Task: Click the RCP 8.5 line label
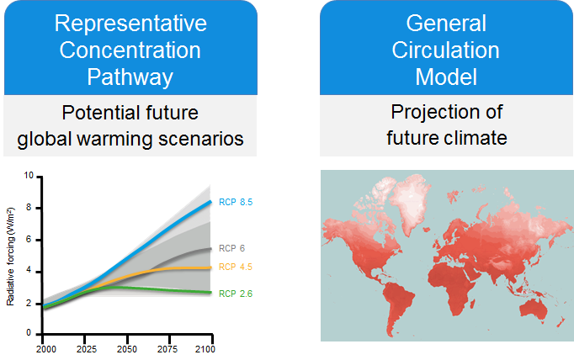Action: (236, 202)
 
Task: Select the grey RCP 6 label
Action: (231, 248)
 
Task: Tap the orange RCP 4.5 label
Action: (236, 267)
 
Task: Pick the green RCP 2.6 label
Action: (236, 294)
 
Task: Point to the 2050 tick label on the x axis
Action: (126, 349)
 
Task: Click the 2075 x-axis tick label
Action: (167, 349)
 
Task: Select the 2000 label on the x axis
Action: (46, 349)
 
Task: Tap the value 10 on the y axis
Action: (29, 176)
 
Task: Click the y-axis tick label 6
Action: (29, 240)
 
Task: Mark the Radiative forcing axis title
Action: (10, 257)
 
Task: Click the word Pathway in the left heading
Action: (130, 77)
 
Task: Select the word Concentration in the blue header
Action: (130, 50)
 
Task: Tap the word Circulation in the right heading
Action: (445, 50)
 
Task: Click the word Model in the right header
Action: (446, 77)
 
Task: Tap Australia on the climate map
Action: (534, 311)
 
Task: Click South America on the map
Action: (396, 304)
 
